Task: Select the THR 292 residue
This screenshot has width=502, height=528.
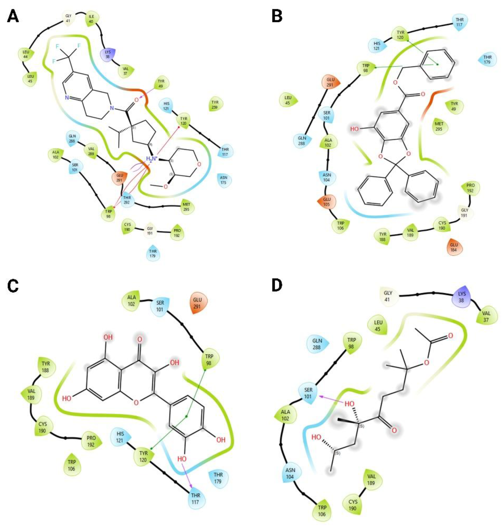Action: [127, 200]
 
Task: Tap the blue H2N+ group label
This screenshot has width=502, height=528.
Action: [152, 159]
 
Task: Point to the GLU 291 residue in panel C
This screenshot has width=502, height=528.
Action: [197, 303]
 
